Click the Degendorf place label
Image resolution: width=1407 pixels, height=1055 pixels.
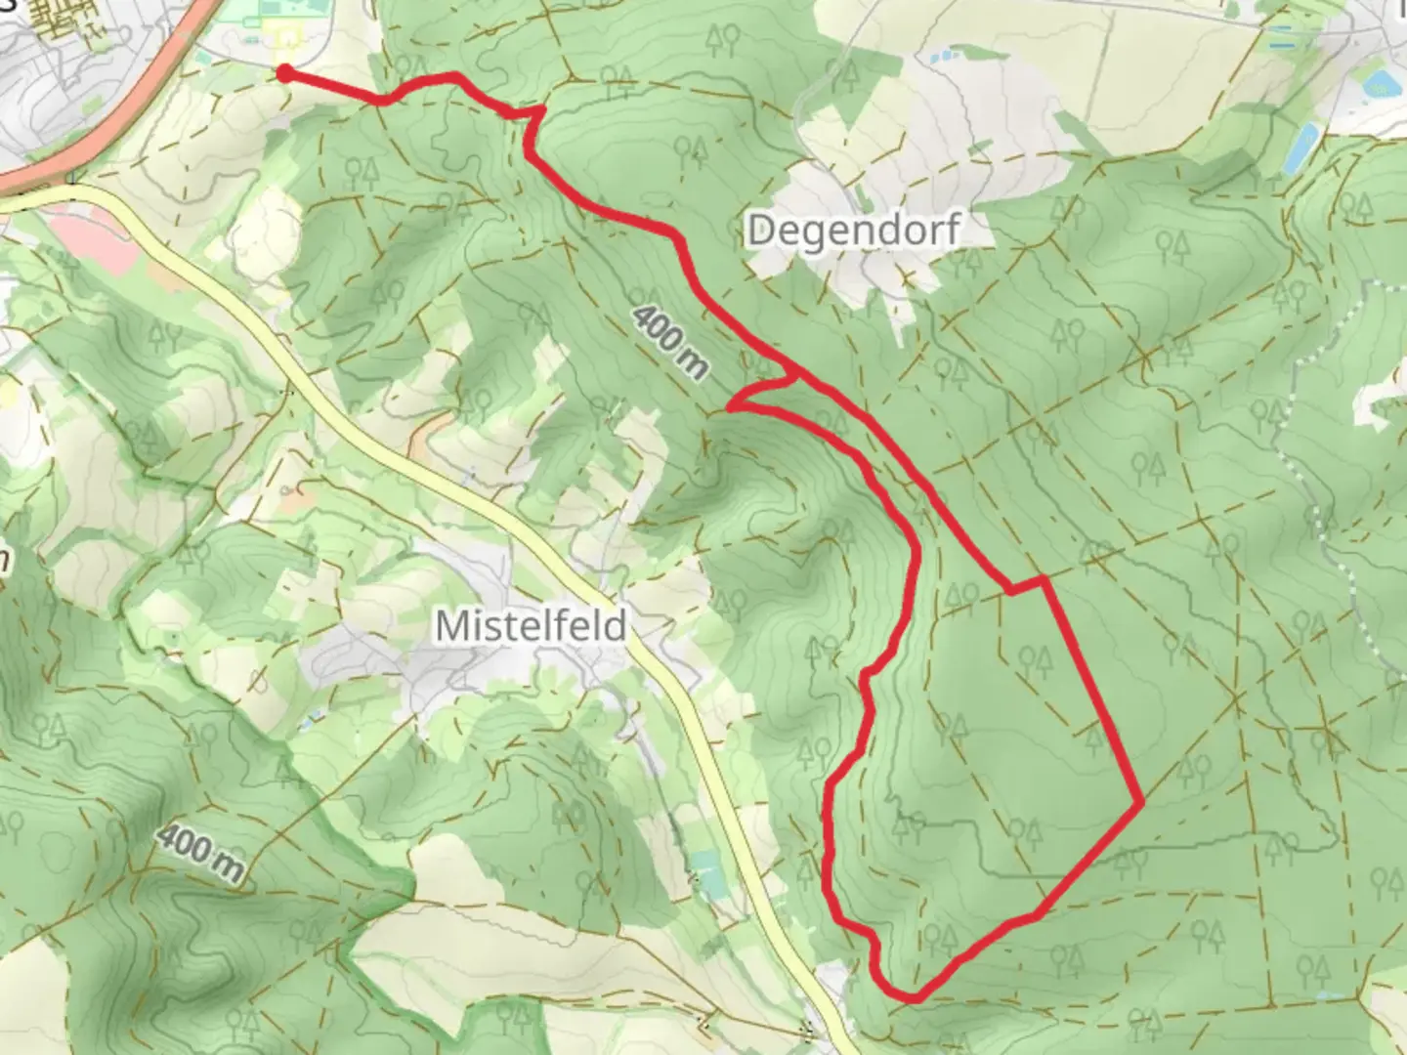coord(854,232)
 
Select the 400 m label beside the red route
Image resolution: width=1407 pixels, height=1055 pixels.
coord(670,341)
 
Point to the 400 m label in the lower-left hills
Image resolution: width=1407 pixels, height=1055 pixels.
coord(199,852)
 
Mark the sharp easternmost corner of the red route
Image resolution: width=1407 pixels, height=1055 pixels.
coord(1141,803)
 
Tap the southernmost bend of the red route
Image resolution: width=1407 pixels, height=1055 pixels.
coord(911,998)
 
